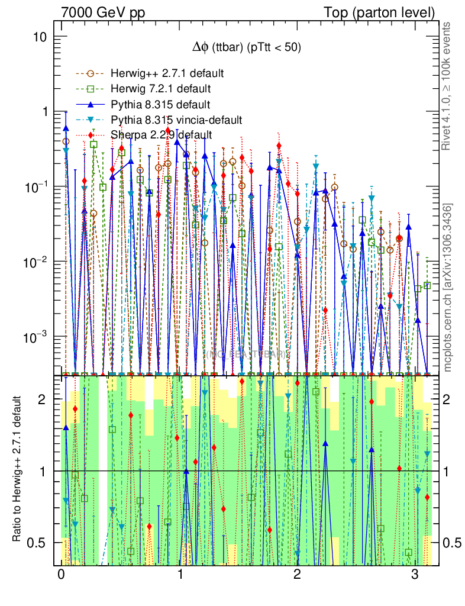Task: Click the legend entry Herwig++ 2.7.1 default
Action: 166,74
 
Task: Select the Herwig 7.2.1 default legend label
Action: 161,89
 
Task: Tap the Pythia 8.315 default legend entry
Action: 160,105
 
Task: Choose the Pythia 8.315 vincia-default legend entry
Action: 176,120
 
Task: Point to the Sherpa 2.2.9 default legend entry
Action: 162,135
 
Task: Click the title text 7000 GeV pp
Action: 103,12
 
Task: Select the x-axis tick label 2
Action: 297,575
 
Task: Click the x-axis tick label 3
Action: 415,575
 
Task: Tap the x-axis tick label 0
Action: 61,575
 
